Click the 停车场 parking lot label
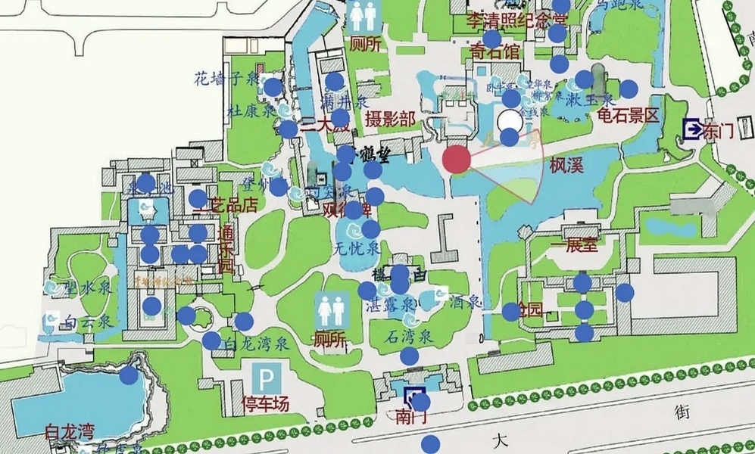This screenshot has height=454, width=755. [x=265, y=403]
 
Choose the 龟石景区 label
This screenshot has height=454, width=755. [x=629, y=116]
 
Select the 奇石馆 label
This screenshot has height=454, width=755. [x=495, y=51]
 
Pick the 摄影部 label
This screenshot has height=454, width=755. [x=389, y=119]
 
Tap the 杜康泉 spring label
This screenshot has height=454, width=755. [x=251, y=110]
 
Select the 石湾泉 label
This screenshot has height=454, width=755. [x=409, y=336]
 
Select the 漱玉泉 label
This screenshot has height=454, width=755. [x=588, y=98]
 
